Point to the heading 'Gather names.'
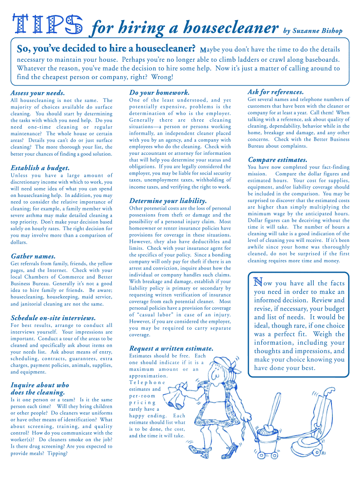pos(33,256)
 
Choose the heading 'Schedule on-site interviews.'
pos(53,318)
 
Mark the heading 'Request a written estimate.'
pos(171,348)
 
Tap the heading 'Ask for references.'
pos(275,92)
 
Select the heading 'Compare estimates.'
pos(277,160)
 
